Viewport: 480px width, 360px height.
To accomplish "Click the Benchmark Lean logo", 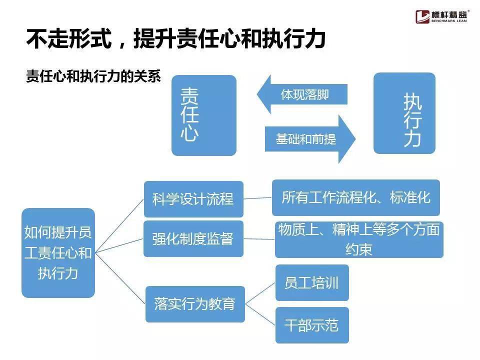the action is click(x=441, y=16).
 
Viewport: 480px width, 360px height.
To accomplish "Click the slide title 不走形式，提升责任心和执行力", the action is click(x=175, y=38).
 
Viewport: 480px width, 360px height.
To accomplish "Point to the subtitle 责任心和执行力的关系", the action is click(x=93, y=76).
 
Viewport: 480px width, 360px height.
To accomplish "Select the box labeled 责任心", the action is click(x=204, y=115).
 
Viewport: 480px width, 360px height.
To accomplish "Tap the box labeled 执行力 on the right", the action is click(x=404, y=113).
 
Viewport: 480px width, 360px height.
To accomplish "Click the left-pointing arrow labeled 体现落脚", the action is click(x=302, y=94).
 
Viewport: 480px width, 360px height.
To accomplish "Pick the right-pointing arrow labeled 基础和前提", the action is click(x=310, y=139).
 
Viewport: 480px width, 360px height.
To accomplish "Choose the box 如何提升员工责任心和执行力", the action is click(x=58, y=253).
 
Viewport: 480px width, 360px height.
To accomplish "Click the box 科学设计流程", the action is click(x=193, y=199).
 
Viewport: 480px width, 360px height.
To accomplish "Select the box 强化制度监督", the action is click(x=193, y=239).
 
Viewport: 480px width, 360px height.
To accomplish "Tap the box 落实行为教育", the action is click(x=195, y=304).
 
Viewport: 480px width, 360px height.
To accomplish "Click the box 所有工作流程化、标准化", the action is click(x=356, y=198).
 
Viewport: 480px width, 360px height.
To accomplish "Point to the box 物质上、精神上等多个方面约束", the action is click(x=359, y=239).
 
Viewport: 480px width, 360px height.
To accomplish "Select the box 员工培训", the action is click(x=312, y=282).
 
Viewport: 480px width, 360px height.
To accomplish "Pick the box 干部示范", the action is click(x=312, y=325).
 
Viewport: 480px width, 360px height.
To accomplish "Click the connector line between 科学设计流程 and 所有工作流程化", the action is click(x=258, y=198).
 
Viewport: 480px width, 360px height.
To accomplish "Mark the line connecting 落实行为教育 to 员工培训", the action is click(x=260, y=293).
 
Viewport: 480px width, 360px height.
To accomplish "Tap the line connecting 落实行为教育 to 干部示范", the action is click(x=260, y=314).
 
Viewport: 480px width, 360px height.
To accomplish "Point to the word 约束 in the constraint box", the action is click(x=359, y=249).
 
